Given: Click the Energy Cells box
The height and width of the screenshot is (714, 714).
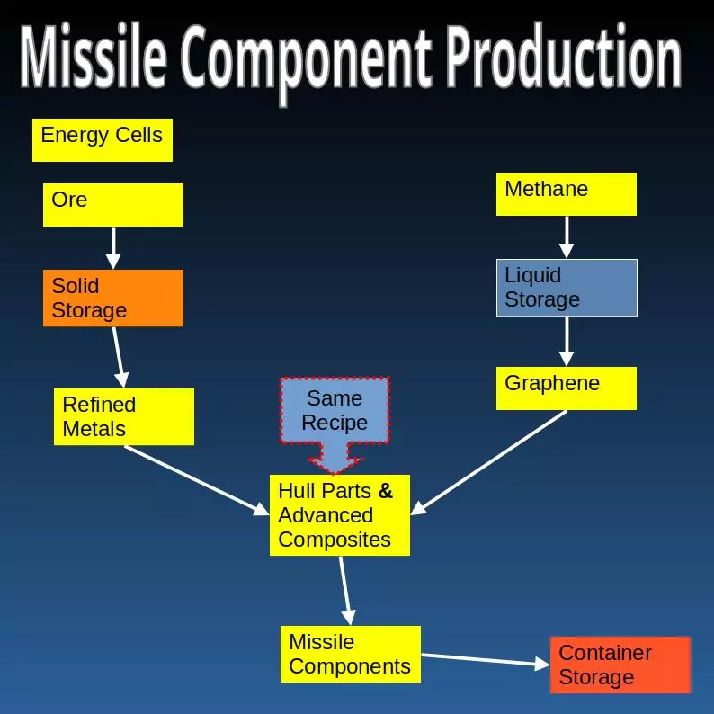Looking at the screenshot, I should coord(102,140).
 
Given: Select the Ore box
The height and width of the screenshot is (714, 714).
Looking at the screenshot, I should coord(112,204).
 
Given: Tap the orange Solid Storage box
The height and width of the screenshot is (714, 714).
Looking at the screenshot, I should coord(112,298).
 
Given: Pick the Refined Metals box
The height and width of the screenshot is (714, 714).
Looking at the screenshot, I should coord(123,416).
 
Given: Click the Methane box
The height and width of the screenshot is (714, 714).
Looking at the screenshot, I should coord(566,193).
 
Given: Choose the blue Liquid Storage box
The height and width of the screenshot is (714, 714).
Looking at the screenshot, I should coord(567,288).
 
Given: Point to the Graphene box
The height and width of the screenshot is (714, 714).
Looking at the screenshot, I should coord(566,388).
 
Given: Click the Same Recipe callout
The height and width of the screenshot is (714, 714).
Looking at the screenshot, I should coord(335,412).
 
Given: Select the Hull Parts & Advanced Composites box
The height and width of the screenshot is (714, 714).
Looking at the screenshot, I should coord(339,515).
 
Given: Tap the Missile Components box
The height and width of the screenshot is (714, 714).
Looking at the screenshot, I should coord(350,654).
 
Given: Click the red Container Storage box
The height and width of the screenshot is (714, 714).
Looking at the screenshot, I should coord(620,665).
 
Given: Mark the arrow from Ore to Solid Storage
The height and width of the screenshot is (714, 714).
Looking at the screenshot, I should coord(113,247).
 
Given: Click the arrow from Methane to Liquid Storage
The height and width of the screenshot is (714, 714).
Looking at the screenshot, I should coord(567,237).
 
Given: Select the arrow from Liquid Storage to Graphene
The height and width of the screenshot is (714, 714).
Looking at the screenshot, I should coord(567,341).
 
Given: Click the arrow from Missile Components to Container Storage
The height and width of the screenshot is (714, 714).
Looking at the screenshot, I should coord(486,661).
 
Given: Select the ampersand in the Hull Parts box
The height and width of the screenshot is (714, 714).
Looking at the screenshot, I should coord(386,491).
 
